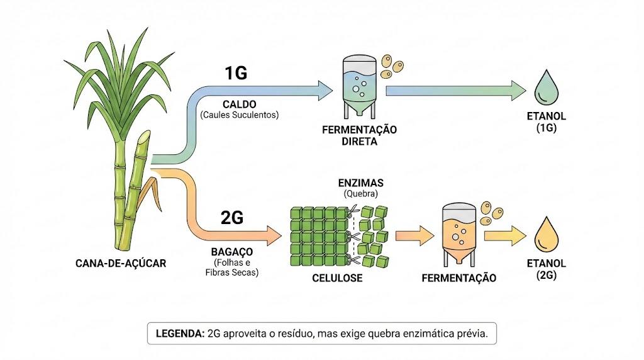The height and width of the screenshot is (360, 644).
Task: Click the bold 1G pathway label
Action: pos(236,73)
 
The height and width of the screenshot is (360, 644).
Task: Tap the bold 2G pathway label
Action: pos(232,217)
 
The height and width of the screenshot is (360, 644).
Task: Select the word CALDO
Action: pos(240,104)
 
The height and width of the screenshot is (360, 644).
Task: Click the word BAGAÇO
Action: pos(232,252)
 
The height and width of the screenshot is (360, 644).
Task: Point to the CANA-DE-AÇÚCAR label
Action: pos(121,264)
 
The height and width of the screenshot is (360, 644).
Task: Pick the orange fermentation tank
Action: pos(458,235)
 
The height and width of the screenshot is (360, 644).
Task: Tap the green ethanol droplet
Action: pos(547,87)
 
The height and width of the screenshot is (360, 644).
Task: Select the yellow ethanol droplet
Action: pos(547,234)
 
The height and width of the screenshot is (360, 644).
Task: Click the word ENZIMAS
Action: pos(360,183)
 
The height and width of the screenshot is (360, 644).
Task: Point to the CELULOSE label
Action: pos(337,278)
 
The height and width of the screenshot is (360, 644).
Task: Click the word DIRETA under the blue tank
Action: pos(359,142)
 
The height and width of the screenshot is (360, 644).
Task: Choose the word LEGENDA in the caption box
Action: pos(180,334)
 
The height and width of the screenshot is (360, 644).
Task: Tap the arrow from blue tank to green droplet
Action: pos(456,91)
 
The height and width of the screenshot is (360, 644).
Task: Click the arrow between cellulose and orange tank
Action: pos(415,235)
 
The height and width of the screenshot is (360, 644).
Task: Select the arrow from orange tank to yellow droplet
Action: pos(505,235)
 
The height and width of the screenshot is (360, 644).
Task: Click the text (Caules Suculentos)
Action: pos(240,115)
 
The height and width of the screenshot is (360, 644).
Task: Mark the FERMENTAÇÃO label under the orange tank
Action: pos(458,278)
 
